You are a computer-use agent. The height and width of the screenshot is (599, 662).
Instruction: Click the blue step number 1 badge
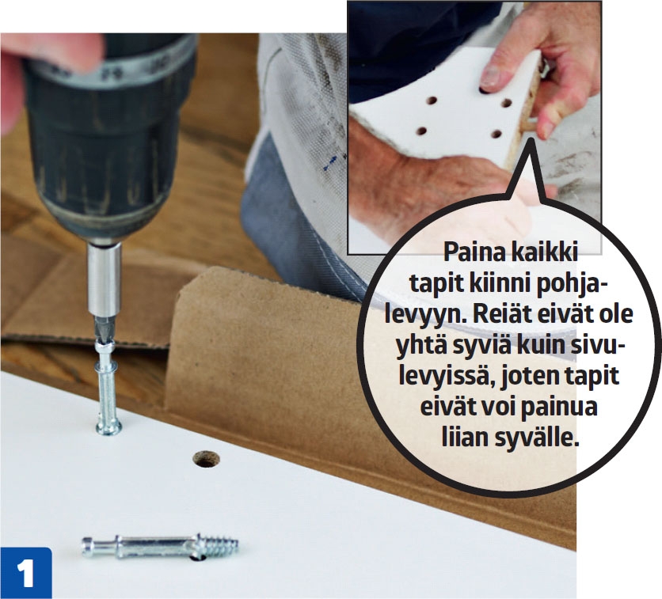pos(26,573)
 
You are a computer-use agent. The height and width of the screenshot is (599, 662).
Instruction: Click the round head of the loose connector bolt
pos(87,547)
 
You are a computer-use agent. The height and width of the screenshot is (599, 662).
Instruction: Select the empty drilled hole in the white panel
pos(206,459)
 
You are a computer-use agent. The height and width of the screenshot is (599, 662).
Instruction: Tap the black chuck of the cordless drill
pos(109,139)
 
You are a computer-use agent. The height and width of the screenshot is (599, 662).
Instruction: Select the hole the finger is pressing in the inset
pos(484,89)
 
